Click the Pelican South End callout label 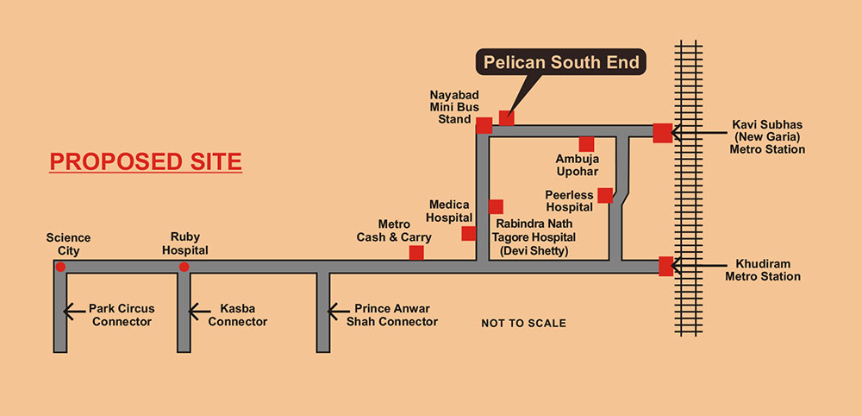(560, 63)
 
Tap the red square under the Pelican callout (507, 117)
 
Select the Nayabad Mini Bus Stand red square (484, 125)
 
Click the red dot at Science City (60, 267)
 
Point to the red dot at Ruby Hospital (184, 267)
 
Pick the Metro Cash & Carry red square (416, 253)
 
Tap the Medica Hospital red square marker (469, 233)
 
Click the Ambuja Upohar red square (586, 144)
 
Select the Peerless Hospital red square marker (605, 195)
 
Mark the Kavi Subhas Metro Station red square (662, 133)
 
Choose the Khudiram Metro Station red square (665, 266)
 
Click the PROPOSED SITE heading (146, 161)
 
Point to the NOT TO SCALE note (523, 324)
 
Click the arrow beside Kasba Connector (197, 308)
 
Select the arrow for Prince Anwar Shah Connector (335, 308)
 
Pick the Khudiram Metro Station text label (768, 270)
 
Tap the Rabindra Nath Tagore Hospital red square (496, 206)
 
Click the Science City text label (68, 244)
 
